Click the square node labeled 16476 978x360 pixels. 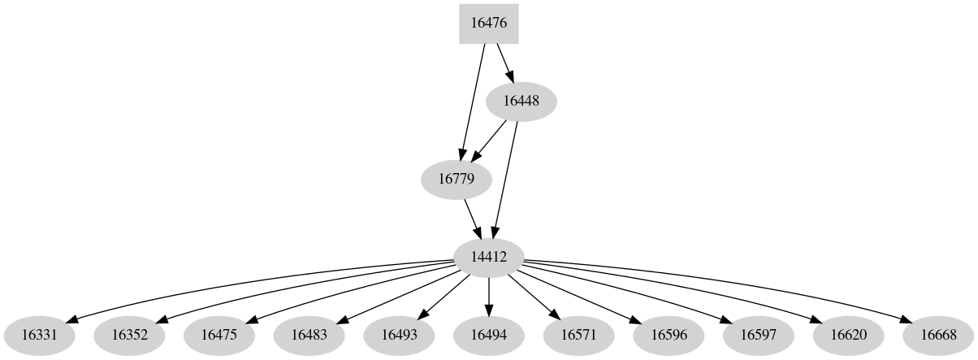coord(488,24)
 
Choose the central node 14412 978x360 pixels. coord(488,257)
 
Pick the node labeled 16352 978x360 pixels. coord(129,335)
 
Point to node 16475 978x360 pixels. coord(219,335)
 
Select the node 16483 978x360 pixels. coord(309,335)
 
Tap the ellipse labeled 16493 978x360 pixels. coord(399,335)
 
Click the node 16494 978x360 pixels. coord(488,335)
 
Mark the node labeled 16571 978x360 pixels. coord(578,335)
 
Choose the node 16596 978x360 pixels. coord(668,335)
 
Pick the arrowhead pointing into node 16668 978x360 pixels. coord(904,319)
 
